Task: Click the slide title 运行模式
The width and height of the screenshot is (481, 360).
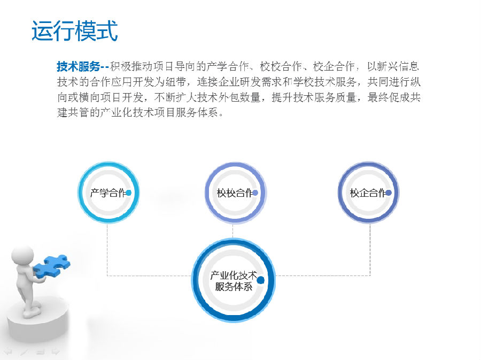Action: (74, 30)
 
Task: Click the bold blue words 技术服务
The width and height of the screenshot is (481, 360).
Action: (79, 66)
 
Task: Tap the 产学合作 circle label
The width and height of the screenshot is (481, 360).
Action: (108, 193)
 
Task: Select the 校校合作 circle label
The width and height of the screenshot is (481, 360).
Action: (235, 193)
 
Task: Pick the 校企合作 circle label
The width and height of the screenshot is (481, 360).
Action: (368, 193)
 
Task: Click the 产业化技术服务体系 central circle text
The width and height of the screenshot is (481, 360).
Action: (234, 281)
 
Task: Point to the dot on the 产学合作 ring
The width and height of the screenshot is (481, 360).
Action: (129, 193)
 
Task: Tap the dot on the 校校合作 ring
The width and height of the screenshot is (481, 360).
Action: (255, 193)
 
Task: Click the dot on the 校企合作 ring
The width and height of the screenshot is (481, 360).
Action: (389, 193)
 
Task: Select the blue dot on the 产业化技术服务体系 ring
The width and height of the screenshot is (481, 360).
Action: (260, 280)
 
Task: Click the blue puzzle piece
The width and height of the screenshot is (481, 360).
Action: (51, 266)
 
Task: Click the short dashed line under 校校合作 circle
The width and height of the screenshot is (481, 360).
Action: (232, 231)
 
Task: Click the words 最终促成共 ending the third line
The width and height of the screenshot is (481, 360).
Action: (394, 97)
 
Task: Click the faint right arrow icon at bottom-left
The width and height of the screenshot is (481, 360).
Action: (55, 351)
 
